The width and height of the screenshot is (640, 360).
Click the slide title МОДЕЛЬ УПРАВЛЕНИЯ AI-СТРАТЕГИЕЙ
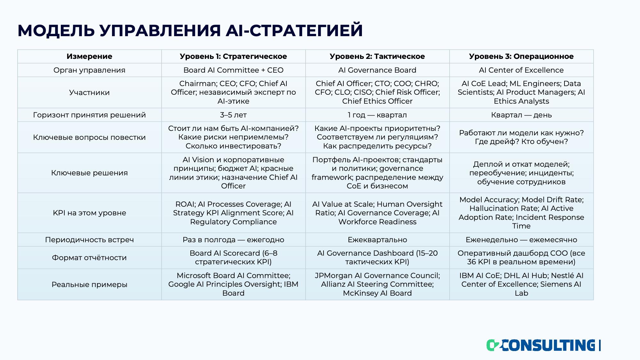point(190,31)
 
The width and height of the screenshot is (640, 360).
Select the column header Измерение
point(89,56)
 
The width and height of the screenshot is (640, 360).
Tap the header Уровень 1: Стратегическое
point(233,56)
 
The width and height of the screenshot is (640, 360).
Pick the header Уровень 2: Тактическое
point(377,56)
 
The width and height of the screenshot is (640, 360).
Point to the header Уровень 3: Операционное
point(521,56)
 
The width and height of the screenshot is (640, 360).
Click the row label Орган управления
point(89,70)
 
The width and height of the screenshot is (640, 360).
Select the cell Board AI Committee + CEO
point(233,70)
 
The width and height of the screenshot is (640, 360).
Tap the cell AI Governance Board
point(377,70)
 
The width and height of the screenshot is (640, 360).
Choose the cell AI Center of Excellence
point(521,70)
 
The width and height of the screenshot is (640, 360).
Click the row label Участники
point(89,92)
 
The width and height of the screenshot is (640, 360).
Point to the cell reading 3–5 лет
point(233,115)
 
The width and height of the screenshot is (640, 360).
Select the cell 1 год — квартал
point(377,115)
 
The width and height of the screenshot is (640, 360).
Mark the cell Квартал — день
point(521,115)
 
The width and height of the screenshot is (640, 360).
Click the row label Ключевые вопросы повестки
point(89,137)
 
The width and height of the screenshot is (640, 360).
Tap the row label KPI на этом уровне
point(89,213)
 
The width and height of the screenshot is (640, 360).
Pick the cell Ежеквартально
point(377,240)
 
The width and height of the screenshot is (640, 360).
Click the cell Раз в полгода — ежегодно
point(233,240)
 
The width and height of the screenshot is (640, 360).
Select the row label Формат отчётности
point(89,258)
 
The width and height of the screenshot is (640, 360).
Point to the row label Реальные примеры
point(89,284)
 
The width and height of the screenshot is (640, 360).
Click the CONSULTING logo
point(543,345)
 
